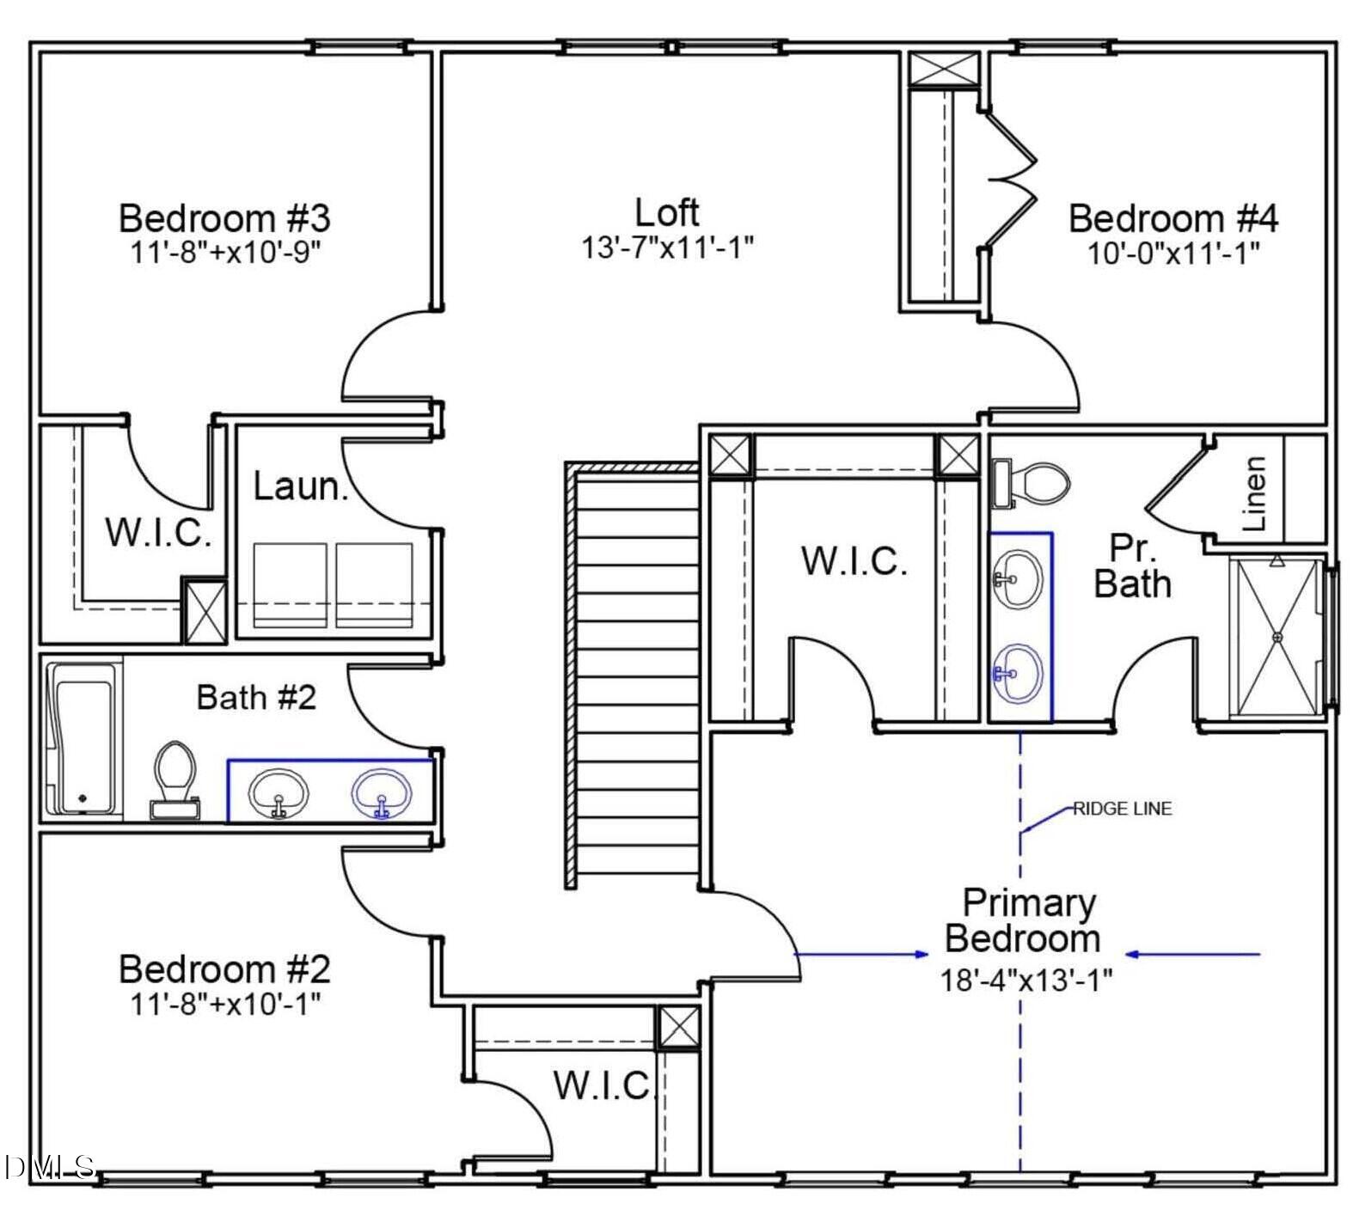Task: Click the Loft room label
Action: [x=666, y=211]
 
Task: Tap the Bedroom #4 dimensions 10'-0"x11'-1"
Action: [x=1173, y=254]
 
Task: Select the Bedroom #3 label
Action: [x=223, y=217]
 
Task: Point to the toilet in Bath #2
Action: [x=174, y=779]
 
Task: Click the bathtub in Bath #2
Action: [x=83, y=738]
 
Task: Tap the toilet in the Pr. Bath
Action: [x=1031, y=483]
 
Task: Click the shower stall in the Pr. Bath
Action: [x=1276, y=637]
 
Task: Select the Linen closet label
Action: [x=1255, y=493]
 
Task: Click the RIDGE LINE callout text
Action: [x=1123, y=809]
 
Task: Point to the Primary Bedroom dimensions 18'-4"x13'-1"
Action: [x=1025, y=979]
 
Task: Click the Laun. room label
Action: [x=300, y=486]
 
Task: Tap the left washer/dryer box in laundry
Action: [x=290, y=584]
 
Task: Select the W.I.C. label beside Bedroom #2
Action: [x=603, y=1085]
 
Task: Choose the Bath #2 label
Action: [x=256, y=697]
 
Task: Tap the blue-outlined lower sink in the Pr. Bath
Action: [x=1019, y=672]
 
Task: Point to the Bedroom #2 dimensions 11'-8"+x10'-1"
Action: [x=225, y=1002]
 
